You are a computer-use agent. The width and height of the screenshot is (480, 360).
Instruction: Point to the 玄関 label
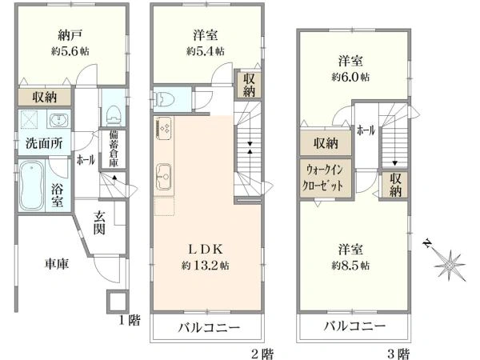(98, 222)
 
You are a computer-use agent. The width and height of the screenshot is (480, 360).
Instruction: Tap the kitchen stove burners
(163, 128)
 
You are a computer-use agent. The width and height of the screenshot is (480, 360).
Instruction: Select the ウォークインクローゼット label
(326, 176)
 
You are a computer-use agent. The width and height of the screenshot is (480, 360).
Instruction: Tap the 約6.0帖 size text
(353, 77)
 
